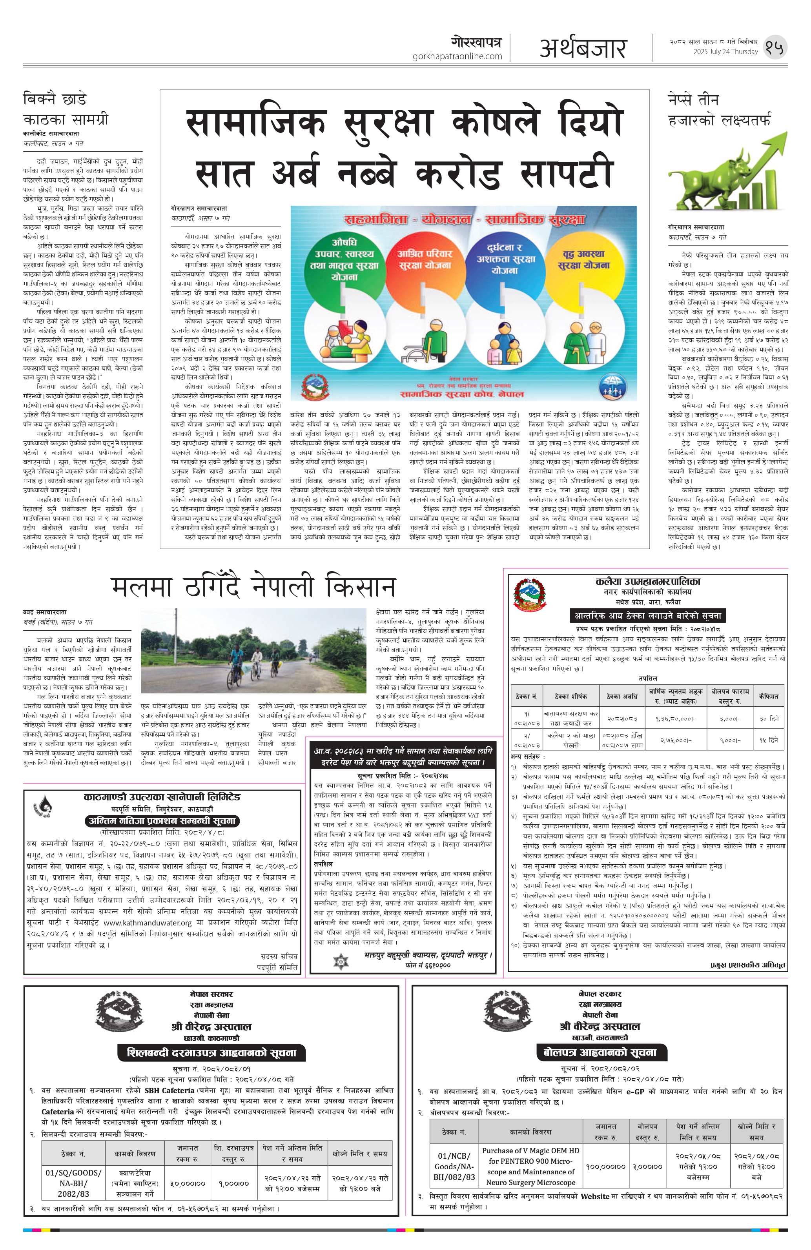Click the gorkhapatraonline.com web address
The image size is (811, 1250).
457,56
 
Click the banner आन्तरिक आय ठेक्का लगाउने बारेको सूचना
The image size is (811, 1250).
647,615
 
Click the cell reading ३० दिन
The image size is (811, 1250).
768,718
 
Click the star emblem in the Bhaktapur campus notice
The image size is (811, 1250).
340,961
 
